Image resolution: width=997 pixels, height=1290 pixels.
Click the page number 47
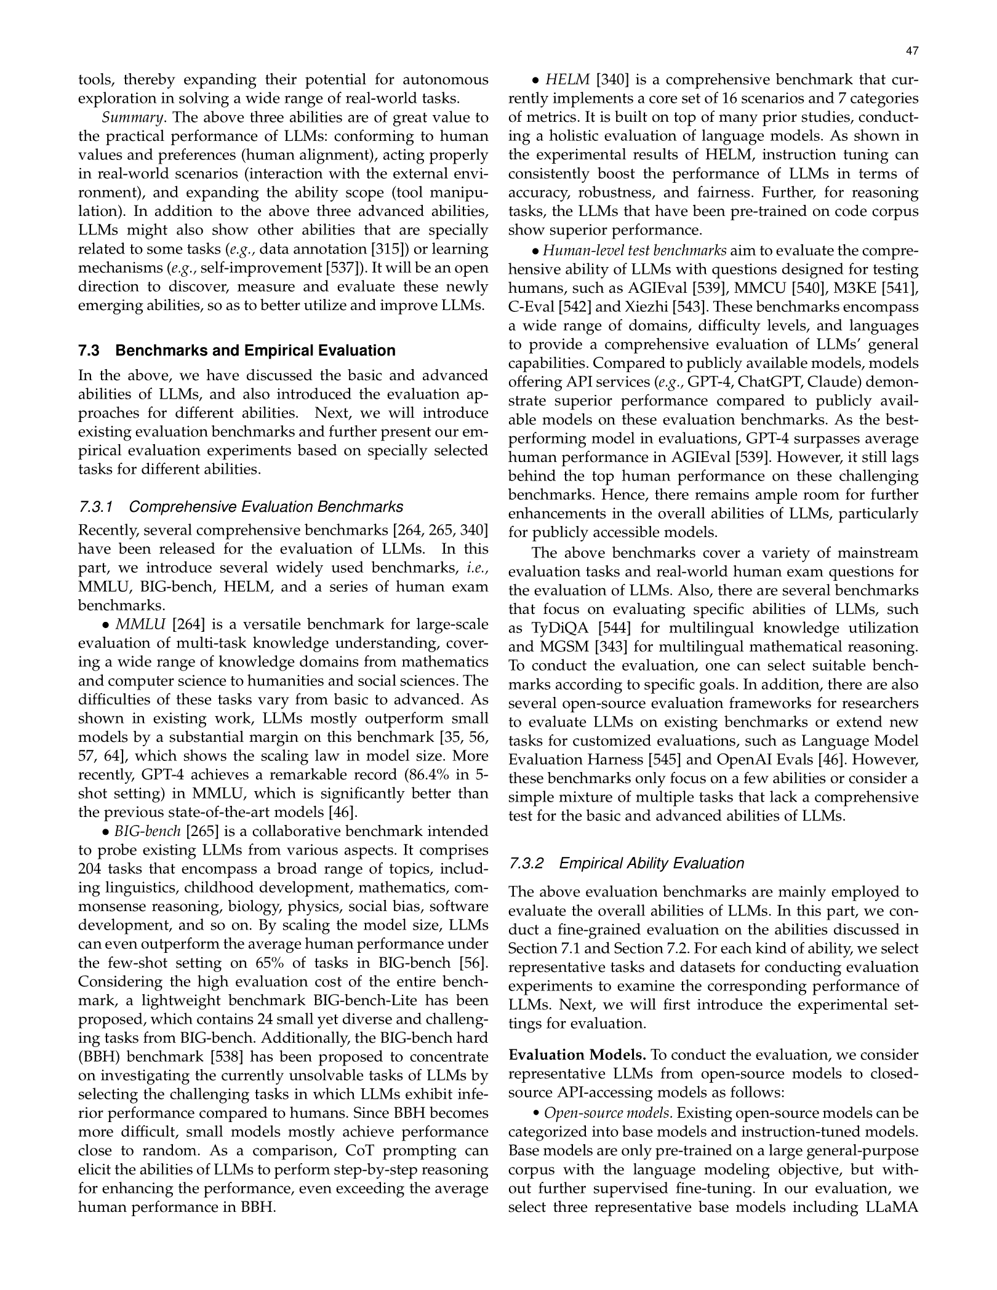click(x=912, y=52)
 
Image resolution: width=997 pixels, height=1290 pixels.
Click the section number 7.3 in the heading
click(x=89, y=351)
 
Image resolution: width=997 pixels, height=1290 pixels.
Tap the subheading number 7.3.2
click(x=527, y=863)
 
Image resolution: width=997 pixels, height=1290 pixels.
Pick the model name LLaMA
click(x=892, y=1207)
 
